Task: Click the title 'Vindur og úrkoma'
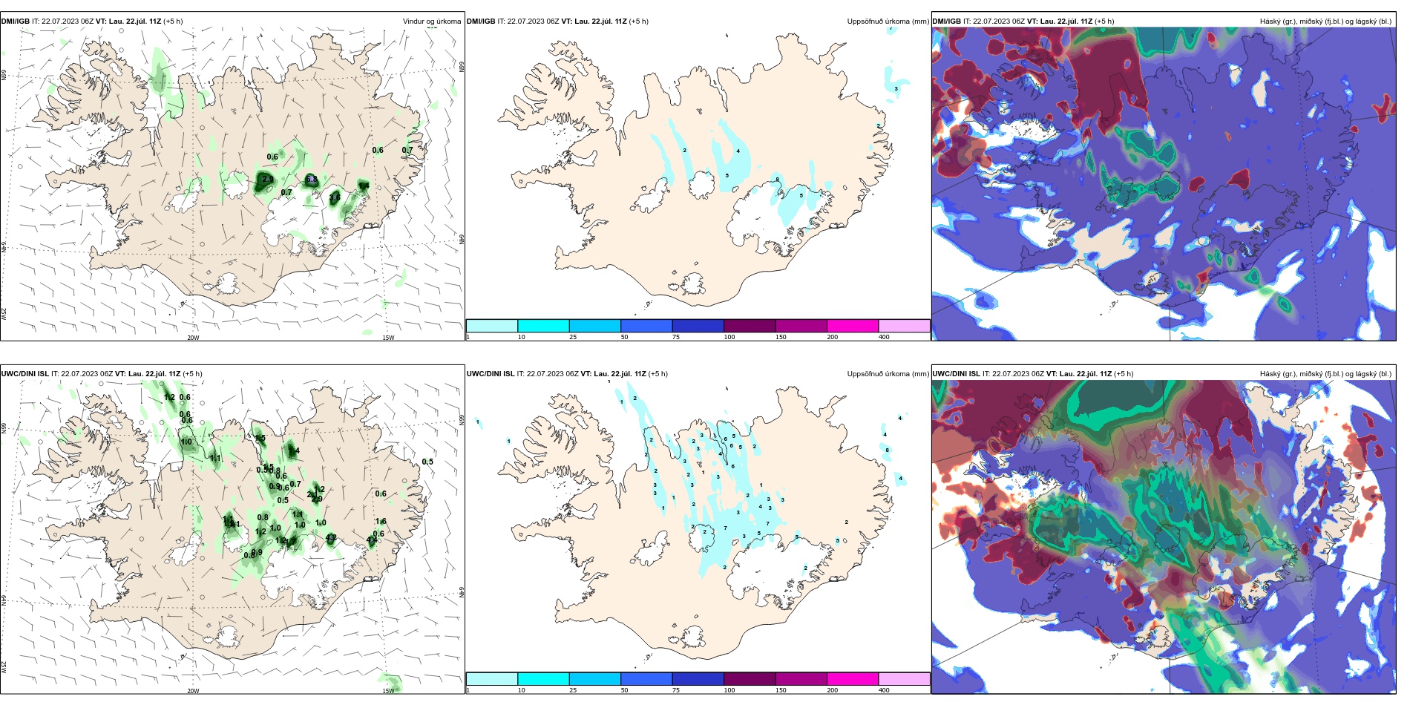tap(431, 22)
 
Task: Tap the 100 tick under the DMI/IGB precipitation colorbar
tap(729, 337)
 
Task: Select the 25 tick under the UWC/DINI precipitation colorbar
tap(573, 689)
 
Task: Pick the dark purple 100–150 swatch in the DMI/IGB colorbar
tap(750, 326)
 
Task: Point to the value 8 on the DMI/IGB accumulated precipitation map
tap(778, 180)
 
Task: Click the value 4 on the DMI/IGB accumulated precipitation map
tap(738, 151)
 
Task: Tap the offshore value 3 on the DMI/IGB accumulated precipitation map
tap(896, 89)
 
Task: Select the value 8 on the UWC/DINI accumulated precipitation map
tap(887, 450)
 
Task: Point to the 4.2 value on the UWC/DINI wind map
tap(331, 538)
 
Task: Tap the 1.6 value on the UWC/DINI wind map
tap(381, 522)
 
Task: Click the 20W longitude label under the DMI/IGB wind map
tap(193, 338)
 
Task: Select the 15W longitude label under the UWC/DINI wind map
tap(388, 691)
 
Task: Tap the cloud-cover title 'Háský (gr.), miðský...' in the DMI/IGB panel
tap(1325, 22)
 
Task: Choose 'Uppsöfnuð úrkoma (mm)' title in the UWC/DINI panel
tap(888, 374)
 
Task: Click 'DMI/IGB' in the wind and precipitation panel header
tap(15, 22)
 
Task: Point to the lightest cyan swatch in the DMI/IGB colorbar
tap(492, 326)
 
